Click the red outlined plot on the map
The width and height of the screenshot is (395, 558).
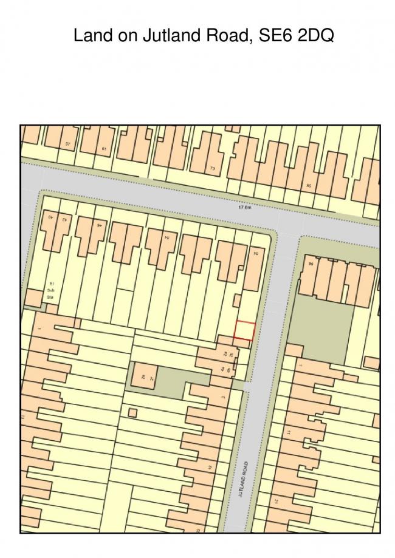(x=244, y=330)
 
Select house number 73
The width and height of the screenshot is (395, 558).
(x=212, y=168)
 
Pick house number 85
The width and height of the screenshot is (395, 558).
(x=309, y=186)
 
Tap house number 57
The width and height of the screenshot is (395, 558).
(x=67, y=144)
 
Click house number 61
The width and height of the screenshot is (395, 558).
(x=105, y=149)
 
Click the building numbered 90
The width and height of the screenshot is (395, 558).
(x=311, y=264)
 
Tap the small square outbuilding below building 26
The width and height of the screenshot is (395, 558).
(x=132, y=413)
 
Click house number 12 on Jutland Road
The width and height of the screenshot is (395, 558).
(x=209, y=468)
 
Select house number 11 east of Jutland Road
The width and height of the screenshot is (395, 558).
(x=289, y=432)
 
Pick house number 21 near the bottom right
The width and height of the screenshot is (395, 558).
(x=276, y=502)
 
